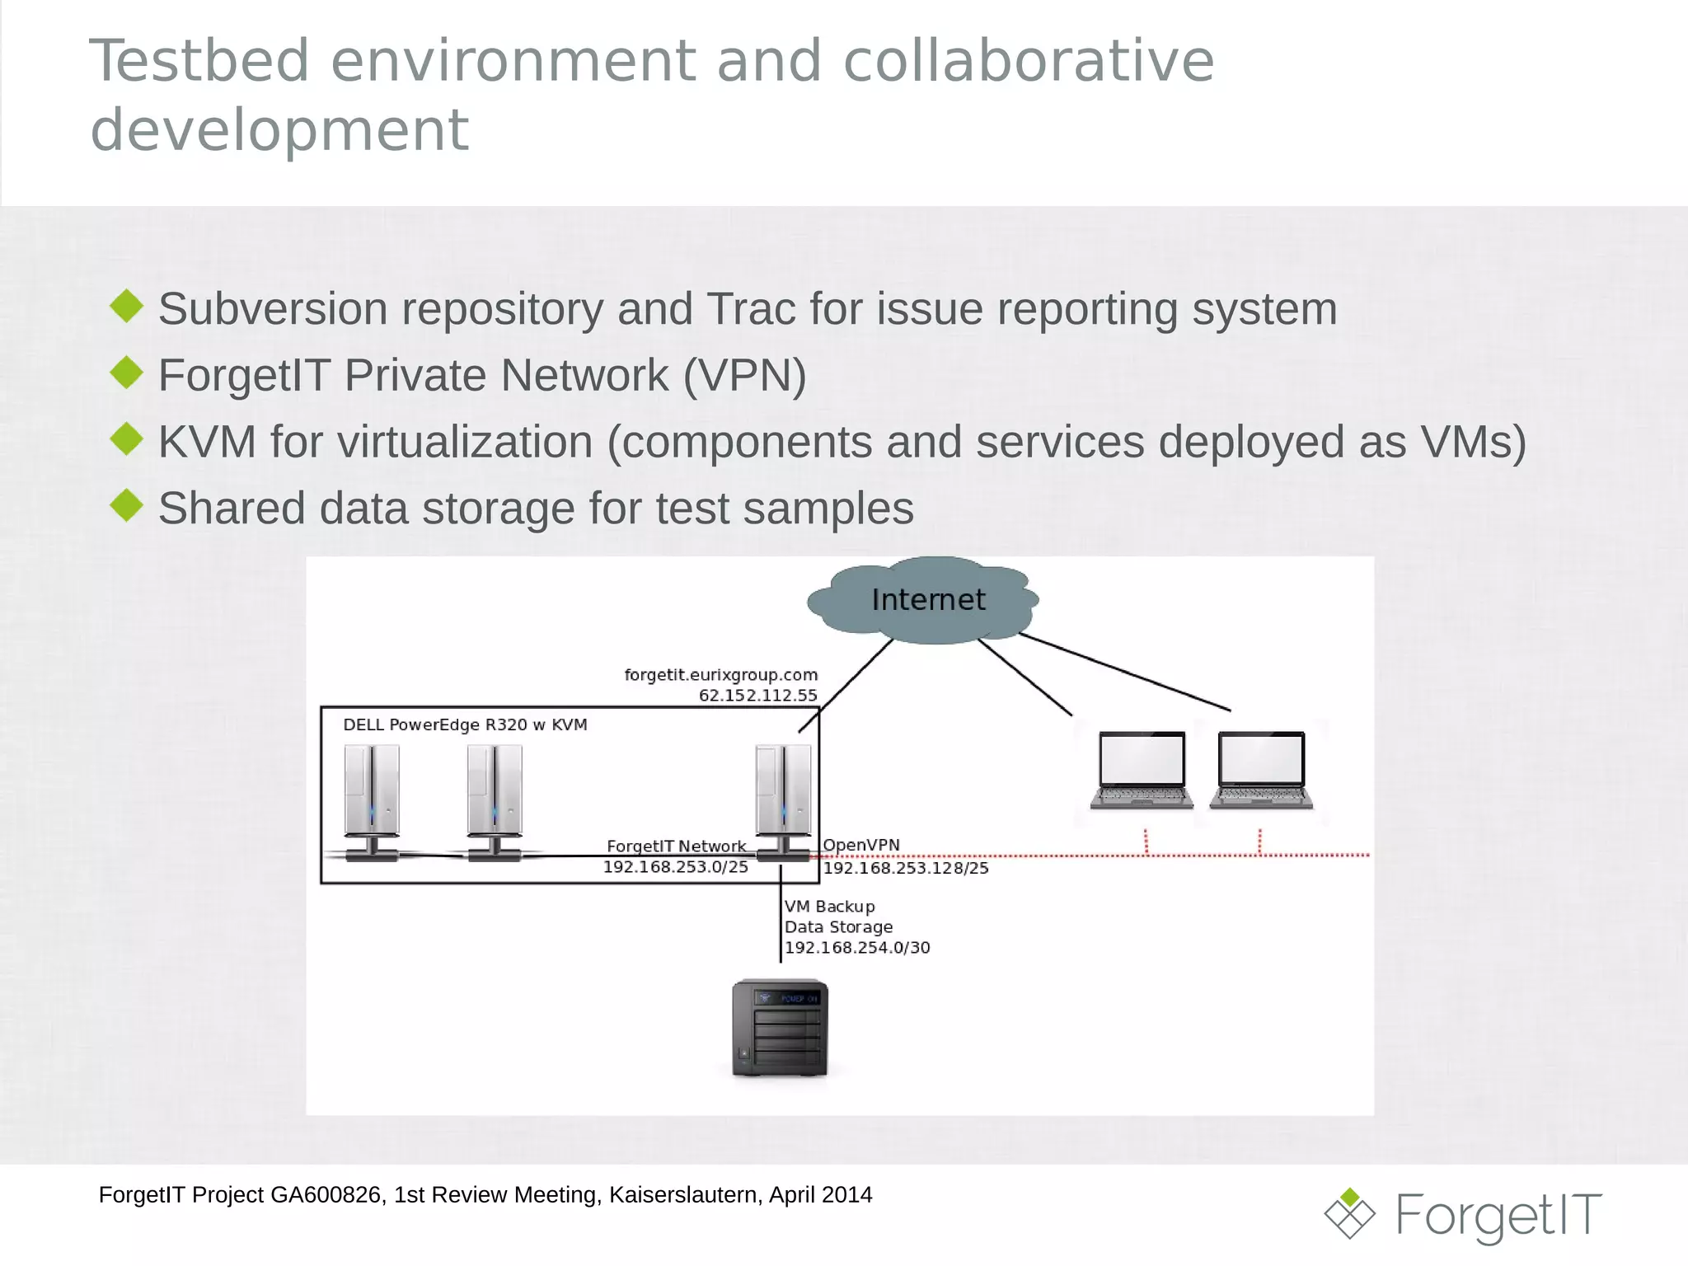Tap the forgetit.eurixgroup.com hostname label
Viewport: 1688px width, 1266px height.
point(720,675)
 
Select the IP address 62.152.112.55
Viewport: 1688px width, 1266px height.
point(757,696)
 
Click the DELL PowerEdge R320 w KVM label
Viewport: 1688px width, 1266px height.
point(465,725)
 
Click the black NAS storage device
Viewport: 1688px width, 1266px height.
point(780,1028)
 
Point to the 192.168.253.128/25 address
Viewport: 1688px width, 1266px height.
point(906,868)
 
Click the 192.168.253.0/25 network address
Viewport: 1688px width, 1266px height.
point(675,867)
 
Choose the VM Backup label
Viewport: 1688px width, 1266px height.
point(829,907)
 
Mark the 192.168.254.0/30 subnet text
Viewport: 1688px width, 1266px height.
point(857,948)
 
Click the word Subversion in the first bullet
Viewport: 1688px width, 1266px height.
point(273,309)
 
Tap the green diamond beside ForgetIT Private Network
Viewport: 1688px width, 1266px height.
point(127,373)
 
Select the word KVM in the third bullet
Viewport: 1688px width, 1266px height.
point(207,442)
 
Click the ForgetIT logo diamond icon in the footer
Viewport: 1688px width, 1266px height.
point(1349,1213)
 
